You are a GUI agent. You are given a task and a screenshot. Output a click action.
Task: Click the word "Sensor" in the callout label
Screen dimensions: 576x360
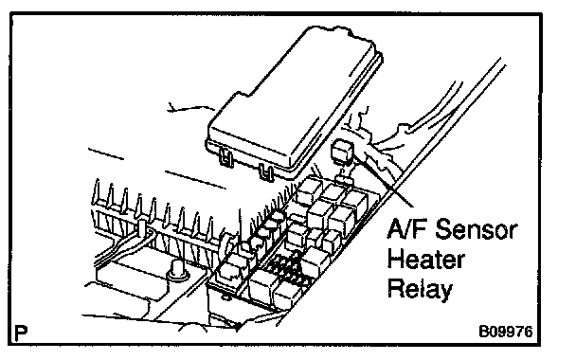point(477,229)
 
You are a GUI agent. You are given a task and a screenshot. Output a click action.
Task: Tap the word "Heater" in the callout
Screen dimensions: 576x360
point(425,260)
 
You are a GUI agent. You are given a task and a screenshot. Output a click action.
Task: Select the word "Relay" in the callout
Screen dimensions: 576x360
point(420,289)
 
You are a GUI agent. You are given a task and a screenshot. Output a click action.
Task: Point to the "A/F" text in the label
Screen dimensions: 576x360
point(408,228)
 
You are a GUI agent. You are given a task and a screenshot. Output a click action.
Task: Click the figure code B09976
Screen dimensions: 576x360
point(506,332)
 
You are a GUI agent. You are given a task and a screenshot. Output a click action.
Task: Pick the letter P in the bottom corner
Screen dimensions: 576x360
point(21,333)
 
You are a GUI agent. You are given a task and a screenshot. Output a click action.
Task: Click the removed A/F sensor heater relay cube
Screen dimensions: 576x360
point(343,151)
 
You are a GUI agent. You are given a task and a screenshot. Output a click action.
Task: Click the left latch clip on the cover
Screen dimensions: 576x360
point(227,158)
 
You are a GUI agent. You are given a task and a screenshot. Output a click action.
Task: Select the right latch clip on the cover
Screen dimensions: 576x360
point(266,171)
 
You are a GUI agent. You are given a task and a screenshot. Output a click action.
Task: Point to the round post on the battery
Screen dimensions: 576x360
point(177,270)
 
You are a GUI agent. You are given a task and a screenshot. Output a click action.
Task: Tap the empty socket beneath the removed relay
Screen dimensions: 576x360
point(344,180)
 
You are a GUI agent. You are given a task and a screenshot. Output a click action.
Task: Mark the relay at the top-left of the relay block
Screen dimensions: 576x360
point(308,191)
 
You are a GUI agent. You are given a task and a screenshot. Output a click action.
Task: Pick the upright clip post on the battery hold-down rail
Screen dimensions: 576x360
point(142,227)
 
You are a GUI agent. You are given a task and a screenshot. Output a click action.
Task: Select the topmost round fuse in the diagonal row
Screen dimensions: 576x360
point(278,216)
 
